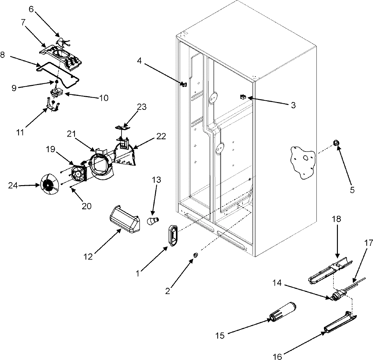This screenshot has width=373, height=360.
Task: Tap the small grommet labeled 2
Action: [x=196, y=255]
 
